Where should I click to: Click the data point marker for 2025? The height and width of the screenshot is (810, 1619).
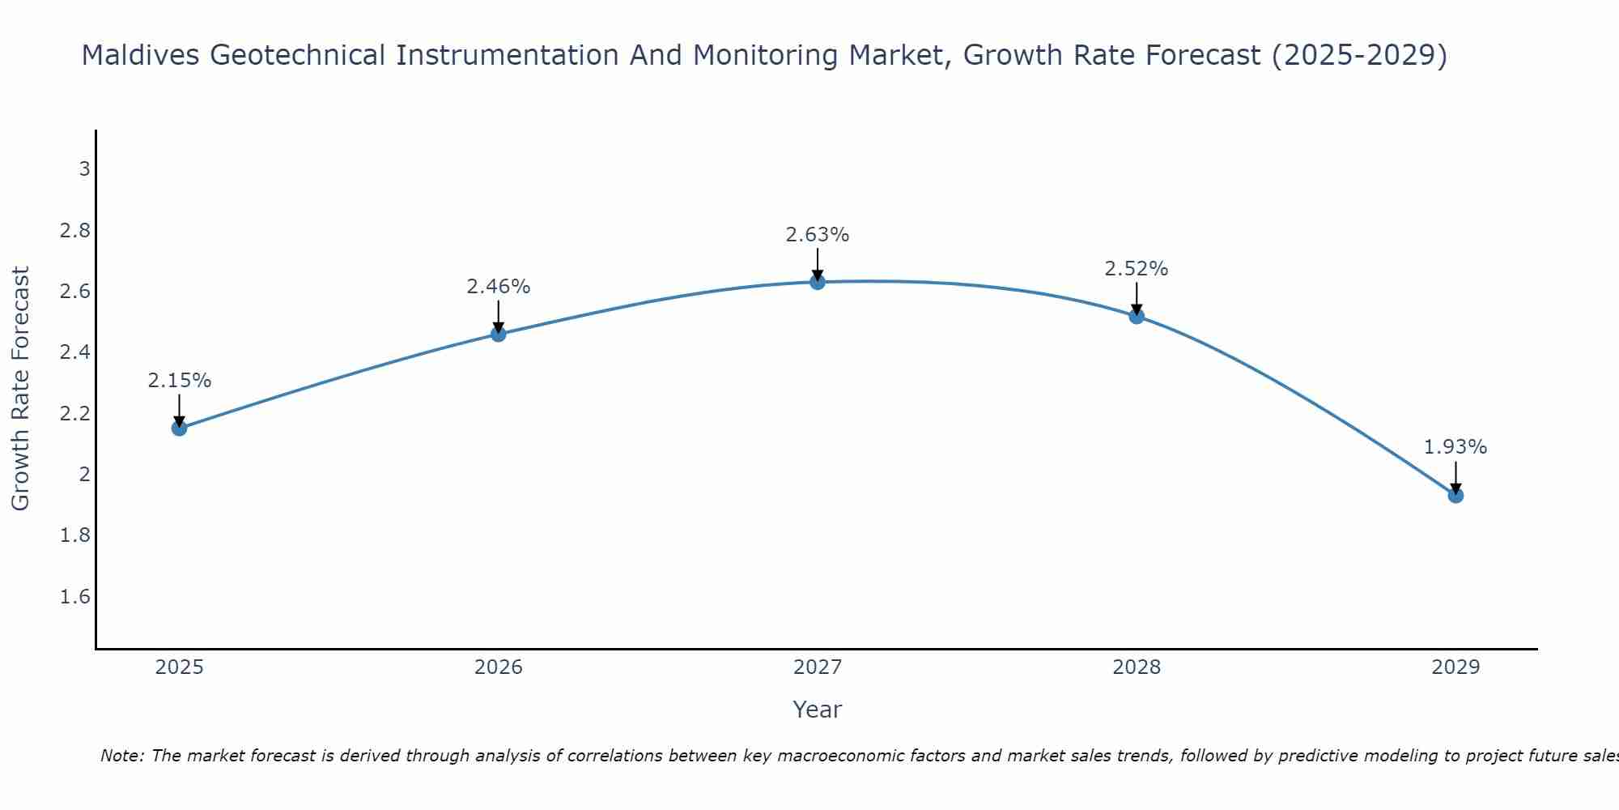coord(180,428)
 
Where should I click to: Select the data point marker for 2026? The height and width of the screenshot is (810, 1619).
coord(499,334)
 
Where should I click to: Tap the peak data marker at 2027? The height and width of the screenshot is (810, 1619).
coord(818,282)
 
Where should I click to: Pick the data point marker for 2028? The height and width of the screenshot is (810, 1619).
coord(1137,316)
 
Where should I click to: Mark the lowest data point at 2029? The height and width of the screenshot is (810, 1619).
coord(1455,495)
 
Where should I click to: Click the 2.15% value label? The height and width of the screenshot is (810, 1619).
coord(180,381)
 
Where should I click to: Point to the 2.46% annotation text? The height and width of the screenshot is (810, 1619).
coord(499,287)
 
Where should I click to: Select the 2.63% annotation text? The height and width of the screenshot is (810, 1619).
coord(818,235)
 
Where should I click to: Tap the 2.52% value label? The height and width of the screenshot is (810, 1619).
coord(1137,269)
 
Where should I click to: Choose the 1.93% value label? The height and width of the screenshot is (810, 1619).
coord(1455,447)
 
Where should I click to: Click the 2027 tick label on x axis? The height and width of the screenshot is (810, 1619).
coord(818,667)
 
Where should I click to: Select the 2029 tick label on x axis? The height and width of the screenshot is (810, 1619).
coord(1455,667)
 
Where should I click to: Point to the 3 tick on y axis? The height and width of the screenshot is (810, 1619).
coord(84,169)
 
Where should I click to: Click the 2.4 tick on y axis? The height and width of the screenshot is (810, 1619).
coord(75,352)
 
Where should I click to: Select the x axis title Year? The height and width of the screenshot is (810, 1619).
coord(818,710)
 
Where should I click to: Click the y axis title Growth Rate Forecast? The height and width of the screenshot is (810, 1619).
coord(20,388)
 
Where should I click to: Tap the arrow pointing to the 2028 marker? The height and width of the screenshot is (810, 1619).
coord(1137,298)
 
